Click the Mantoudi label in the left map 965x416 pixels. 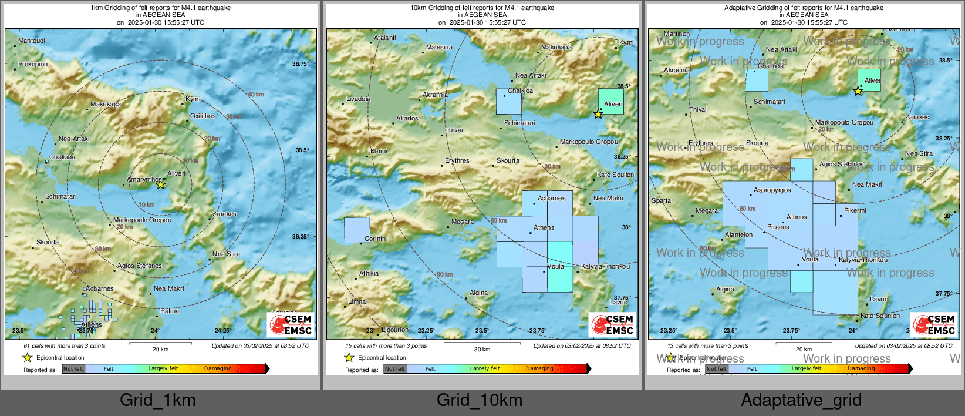(x=32, y=41)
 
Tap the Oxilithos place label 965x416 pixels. (x=203, y=116)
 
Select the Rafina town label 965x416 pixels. (x=170, y=311)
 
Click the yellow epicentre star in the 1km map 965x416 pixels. (x=160, y=185)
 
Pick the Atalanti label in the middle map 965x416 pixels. (x=385, y=38)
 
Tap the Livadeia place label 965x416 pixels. (x=358, y=99)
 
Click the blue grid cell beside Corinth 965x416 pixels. (x=357, y=230)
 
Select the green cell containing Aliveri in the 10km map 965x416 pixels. (x=610, y=100)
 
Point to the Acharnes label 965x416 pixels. (x=552, y=199)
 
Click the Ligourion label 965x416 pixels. (x=395, y=330)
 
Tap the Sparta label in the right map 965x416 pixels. (x=661, y=201)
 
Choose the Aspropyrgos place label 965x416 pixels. (x=772, y=190)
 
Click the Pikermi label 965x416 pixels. (x=855, y=211)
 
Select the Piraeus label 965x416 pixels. (x=778, y=227)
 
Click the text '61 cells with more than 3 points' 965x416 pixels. (x=65, y=346)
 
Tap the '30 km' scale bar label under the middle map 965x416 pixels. (x=482, y=350)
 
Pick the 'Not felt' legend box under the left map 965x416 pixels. (x=73, y=369)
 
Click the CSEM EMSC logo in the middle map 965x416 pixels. (x=612, y=324)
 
